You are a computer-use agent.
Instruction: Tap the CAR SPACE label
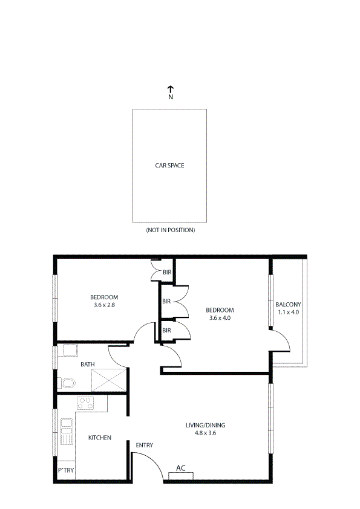[x=169, y=165]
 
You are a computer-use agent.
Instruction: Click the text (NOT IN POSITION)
[x=170, y=230]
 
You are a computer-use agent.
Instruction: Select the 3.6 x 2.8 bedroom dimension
[x=104, y=306]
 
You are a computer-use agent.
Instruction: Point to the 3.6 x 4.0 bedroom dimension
[x=220, y=317]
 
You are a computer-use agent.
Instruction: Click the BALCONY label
[x=288, y=304]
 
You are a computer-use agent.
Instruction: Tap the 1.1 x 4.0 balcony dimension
[x=288, y=313]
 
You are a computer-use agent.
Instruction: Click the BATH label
[x=88, y=365]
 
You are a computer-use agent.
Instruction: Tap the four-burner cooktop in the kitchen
[x=85, y=403]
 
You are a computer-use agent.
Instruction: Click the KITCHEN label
[x=99, y=438]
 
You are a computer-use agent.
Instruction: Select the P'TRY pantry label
[x=65, y=470]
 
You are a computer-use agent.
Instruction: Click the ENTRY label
[x=144, y=446]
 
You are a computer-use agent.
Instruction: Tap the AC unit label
[x=180, y=468]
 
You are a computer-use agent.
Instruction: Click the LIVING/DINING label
[x=205, y=425]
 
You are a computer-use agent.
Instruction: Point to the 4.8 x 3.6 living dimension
[x=205, y=433]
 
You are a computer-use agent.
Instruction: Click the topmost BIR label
[x=168, y=273]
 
